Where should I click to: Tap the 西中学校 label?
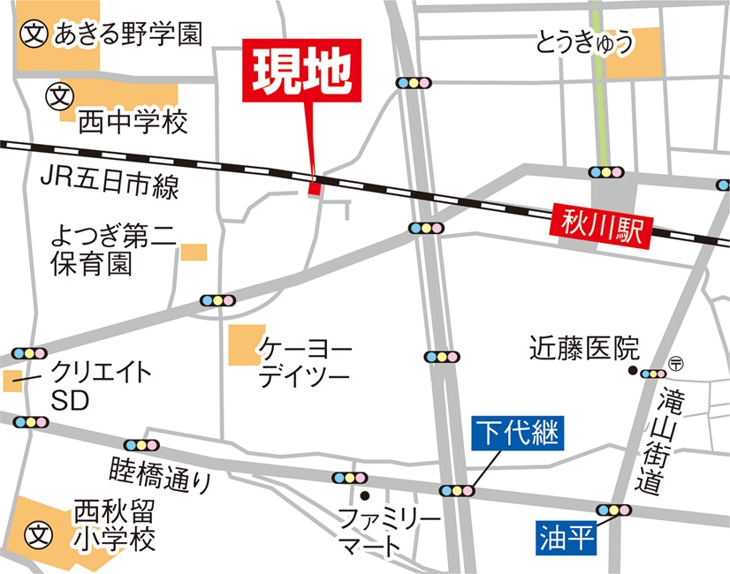pyautogui.click(x=133, y=121)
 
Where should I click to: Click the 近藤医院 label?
pyautogui.click(x=584, y=347)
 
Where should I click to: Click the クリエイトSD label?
pyautogui.click(x=88, y=386)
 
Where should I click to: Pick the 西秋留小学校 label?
pyautogui.click(x=115, y=525)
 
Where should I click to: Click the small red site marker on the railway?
pyautogui.click(x=314, y=186)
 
